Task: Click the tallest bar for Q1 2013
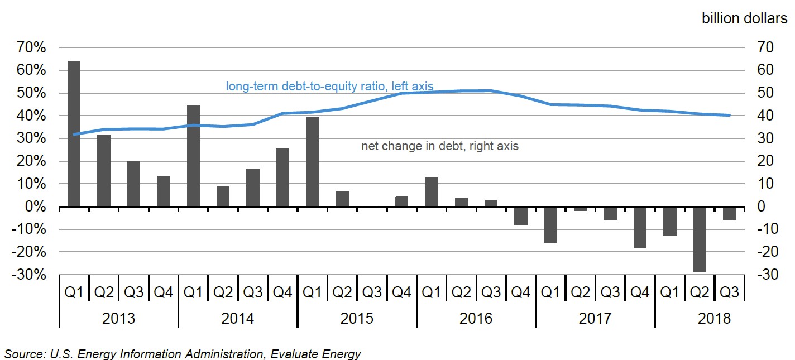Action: point(74,134)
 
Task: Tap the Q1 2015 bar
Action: point(312,162)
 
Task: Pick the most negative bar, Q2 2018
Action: point(700,239)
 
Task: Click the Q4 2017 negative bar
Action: point(640,227)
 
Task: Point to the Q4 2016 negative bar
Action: point(521,216)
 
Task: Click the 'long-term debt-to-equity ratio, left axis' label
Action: point(329,87)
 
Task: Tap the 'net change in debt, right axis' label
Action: point(440,146)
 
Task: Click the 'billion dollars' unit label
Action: point(744,18)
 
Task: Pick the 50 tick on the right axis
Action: point(764,93)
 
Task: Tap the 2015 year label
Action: point(357,318)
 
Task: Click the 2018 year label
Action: point(714,318)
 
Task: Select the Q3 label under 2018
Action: point(729,292)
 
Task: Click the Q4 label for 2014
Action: point(282,292)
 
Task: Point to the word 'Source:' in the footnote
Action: point(23,353)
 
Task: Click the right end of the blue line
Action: point(729,116)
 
